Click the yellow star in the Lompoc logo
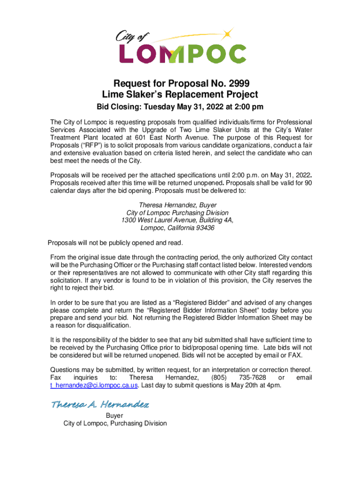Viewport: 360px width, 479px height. pyautogui.click(x=227, y=33)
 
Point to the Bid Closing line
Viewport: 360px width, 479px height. pyautogui.click(x=180, y=107)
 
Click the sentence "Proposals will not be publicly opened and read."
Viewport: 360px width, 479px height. pyautogui.click(x=115, y=243)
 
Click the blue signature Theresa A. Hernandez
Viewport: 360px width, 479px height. pyautogui.click(x=100, y=404)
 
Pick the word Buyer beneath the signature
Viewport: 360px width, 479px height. pyautogui.click(x=115, y=415)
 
